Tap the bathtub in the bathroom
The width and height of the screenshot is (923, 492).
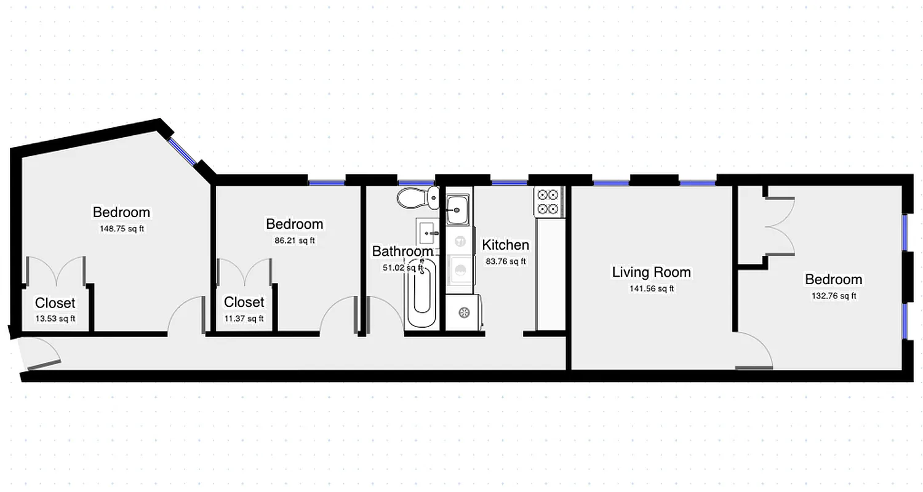coord(422,295)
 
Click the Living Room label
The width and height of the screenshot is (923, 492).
coord(651,272)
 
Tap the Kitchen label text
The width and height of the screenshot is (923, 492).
coord(505,245)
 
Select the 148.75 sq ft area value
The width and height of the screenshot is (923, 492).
coord(122,228)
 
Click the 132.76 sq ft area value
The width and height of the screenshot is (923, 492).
coord(834,296)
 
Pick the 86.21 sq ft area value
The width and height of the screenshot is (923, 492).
coord(294,240)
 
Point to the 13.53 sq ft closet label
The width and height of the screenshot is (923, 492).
coord(55,318)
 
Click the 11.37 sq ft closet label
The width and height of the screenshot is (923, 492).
coord(244,318)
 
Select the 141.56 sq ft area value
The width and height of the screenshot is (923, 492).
coord(651,288)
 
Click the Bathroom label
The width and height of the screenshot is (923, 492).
coord(402,251)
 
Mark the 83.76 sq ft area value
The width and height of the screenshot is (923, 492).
coord(506,261)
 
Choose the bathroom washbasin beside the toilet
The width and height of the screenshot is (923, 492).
coord(428,232)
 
